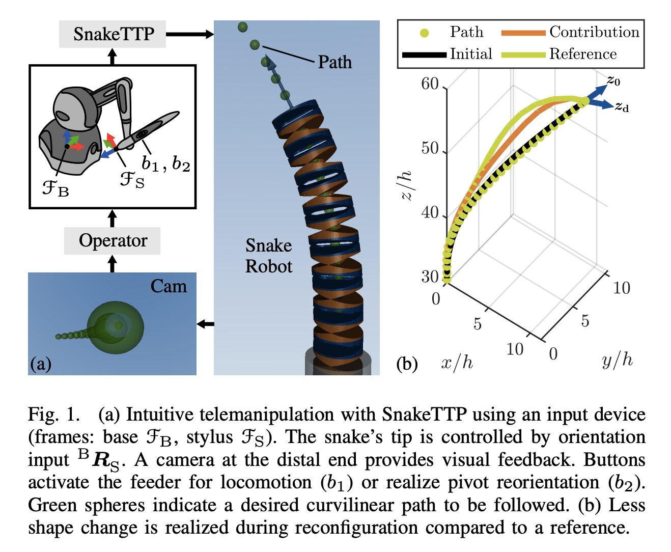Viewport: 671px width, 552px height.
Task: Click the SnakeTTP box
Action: pos(113,34)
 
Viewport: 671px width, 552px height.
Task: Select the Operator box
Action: pos(113,240)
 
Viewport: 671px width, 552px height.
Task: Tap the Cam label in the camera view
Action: pos(169,286)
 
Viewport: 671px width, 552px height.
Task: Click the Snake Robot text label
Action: pos(269,256)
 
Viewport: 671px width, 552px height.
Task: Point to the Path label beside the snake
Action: pos(334,62)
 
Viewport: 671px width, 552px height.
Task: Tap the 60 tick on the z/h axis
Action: pos(430,84)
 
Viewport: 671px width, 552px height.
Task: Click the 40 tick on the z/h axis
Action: pos(430,212)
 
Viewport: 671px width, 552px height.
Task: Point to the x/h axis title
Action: pos(457,363)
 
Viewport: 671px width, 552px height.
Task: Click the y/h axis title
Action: pos(617,361)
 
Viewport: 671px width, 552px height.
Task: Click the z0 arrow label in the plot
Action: pos(613,80)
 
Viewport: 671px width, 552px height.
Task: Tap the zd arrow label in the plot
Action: pos(622,107)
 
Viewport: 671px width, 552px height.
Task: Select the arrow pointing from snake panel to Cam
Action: pos(205,324)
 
